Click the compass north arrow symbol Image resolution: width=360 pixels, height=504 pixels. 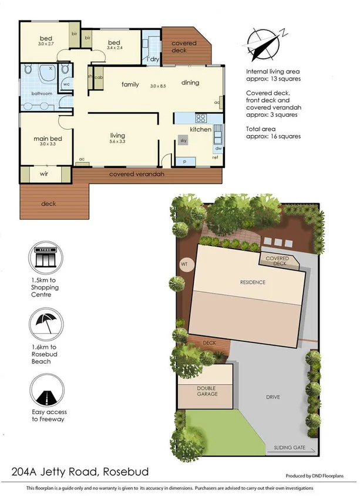point(265,41)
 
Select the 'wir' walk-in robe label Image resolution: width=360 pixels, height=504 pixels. point(44,174)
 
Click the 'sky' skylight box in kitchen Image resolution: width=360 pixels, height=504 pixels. point(183,141)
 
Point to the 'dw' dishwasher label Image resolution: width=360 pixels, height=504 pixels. point(218,148)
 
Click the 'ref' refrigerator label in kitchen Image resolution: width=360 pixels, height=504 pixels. point(216,157)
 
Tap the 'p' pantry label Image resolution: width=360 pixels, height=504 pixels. point(185,160)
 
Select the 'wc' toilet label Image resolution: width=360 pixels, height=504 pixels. point(66,84)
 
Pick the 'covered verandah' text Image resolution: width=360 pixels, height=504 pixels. point(136,174)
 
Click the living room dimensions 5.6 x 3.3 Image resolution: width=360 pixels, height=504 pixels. point(117,142)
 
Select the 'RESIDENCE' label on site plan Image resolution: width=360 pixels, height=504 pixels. point(253,282)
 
